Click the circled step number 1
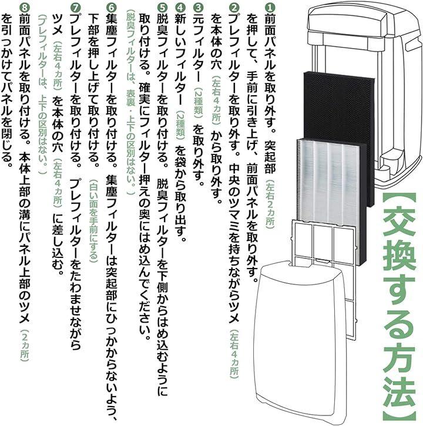[270, 8]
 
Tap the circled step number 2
[234, 8]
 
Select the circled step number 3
[197, 8]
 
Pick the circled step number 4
[180, 8]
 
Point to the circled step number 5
[162, 8]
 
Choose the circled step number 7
[75, 8]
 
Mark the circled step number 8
[24, 8]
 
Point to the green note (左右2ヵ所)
[270, 203]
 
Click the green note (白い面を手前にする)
[93, 220]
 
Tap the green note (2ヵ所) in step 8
[24, 345]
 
